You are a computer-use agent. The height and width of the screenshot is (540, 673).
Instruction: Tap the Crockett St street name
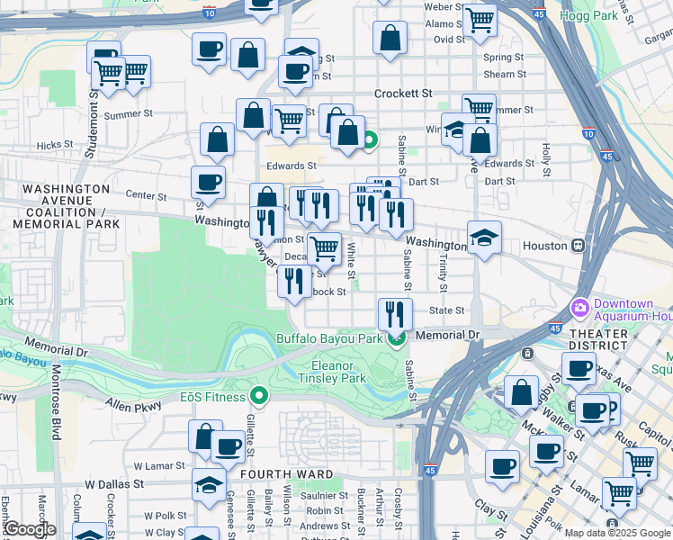pos(403,93)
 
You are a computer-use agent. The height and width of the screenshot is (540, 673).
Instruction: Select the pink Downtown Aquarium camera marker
pos(579,308)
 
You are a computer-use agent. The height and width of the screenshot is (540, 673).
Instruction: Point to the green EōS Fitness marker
pos(259,395)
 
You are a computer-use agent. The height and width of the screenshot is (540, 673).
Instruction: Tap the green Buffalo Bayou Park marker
pos(395,338)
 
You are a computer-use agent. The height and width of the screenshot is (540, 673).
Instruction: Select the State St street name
pos(446,310)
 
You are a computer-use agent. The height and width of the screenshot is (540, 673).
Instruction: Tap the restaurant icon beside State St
pos(394,313)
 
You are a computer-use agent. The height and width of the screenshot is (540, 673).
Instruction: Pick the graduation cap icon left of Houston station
pos(484,238)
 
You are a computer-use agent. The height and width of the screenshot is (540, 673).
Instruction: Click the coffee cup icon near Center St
pos(208,183)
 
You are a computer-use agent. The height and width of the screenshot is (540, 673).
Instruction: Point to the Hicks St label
pos(55,144)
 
